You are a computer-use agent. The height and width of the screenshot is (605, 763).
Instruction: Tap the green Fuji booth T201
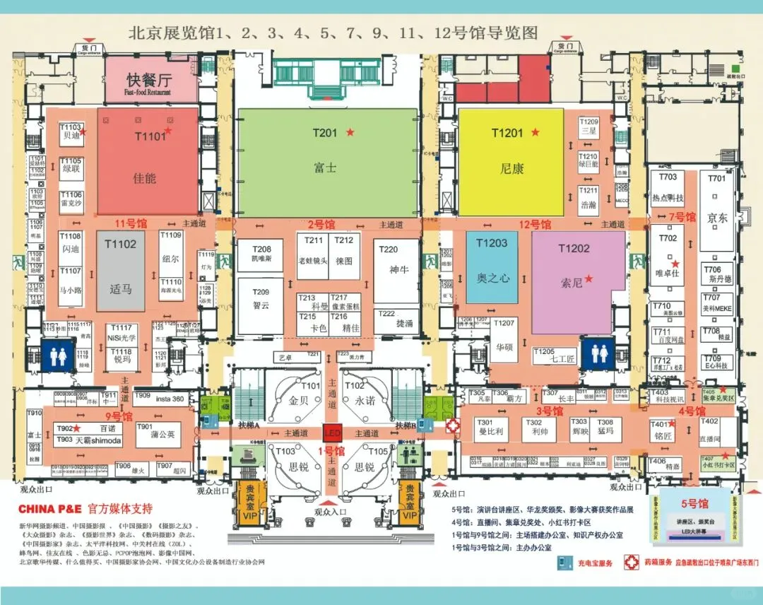(x=326, y=163)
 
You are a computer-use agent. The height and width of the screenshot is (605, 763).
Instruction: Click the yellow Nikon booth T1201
(x=511, y=163)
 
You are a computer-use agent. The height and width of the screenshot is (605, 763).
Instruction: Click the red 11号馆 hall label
(x=131, y=223)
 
